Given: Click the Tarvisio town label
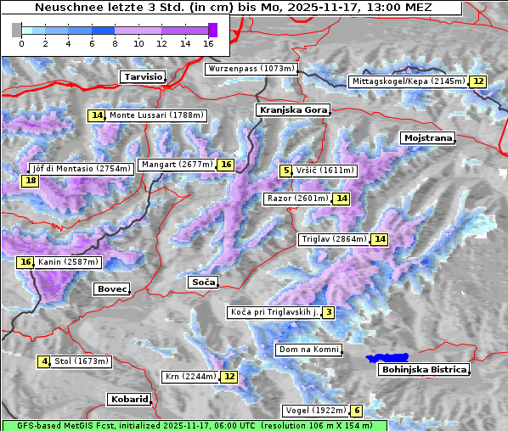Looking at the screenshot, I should pos(143,76).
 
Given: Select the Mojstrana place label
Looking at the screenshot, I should pos(428,137).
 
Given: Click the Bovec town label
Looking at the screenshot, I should pos(111,289).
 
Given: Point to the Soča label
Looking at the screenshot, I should pos(203,282).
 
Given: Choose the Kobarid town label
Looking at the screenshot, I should pos(129,399).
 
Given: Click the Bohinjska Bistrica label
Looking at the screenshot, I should pos(424,369).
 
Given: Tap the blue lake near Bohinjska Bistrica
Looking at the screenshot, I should pos(387,359).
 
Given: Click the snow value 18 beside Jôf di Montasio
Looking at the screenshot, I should pos(31,181).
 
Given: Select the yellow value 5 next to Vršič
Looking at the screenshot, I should pos(285,171).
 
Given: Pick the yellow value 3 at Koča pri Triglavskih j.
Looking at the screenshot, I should pos(328,312).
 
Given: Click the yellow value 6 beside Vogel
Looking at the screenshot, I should pos(357,411).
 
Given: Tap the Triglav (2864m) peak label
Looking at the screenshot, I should pos(334,239).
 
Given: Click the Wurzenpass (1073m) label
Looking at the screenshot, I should pos(251,69).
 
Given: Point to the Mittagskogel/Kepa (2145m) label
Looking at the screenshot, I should pos(408,81).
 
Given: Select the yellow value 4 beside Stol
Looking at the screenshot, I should pos(44,361).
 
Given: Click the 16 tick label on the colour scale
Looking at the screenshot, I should pos(209,42).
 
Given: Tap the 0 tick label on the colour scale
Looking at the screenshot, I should pos(21,42).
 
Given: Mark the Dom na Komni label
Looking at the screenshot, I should pos(308,350).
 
